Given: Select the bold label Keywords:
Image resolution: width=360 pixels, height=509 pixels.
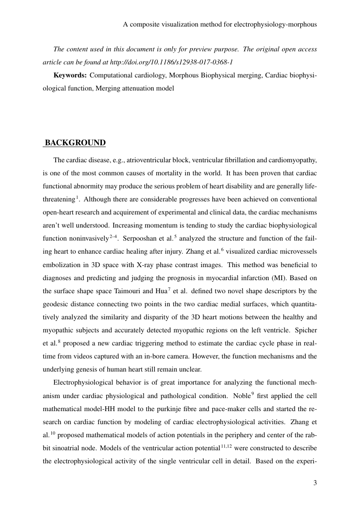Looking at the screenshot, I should pos(70,75).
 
